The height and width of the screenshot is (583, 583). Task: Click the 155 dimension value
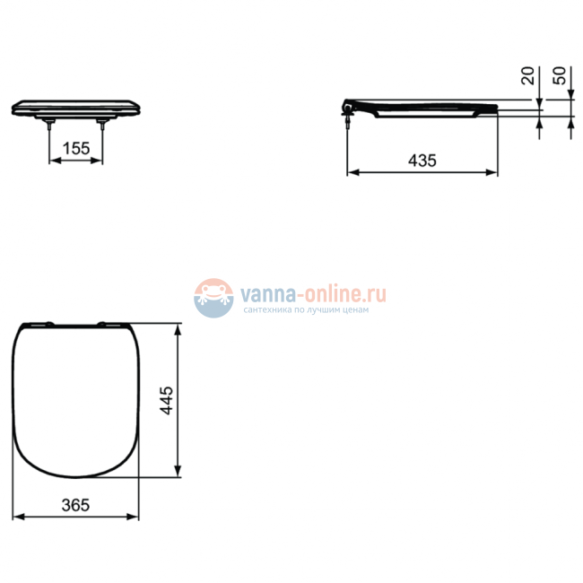pyautogui.click(x=76, y=148)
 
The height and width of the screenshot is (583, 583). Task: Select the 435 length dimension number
pyautogui.click(x=422, y=161)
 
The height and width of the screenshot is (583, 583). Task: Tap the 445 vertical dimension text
pyautogui.click(x=167, y=400)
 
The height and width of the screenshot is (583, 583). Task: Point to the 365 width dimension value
pyautogui.click(x=75, y=505)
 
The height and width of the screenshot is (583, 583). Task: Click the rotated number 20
pyautogui.click(x=527, y=75)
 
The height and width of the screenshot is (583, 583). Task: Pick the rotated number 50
pyautogui.click(x=559, y=75)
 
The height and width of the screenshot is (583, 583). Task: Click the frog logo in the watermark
pyautogui.click(x=213, y=298)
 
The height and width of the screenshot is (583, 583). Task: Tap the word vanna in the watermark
pyautogui.click(x=268, y=294)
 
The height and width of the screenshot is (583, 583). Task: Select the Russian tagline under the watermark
pyautogui.click(x=306, y=309)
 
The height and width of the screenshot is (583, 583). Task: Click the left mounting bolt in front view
pyautogui.click(x=49, y=125)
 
